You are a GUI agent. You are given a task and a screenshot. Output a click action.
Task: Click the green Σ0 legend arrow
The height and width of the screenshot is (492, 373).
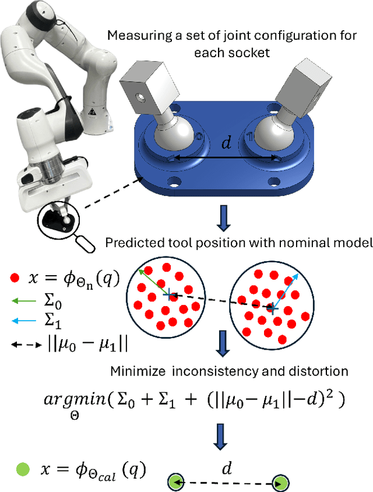[x=18, y=301]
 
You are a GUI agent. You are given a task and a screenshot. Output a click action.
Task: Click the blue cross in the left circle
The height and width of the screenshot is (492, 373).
[x=169, y=296]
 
